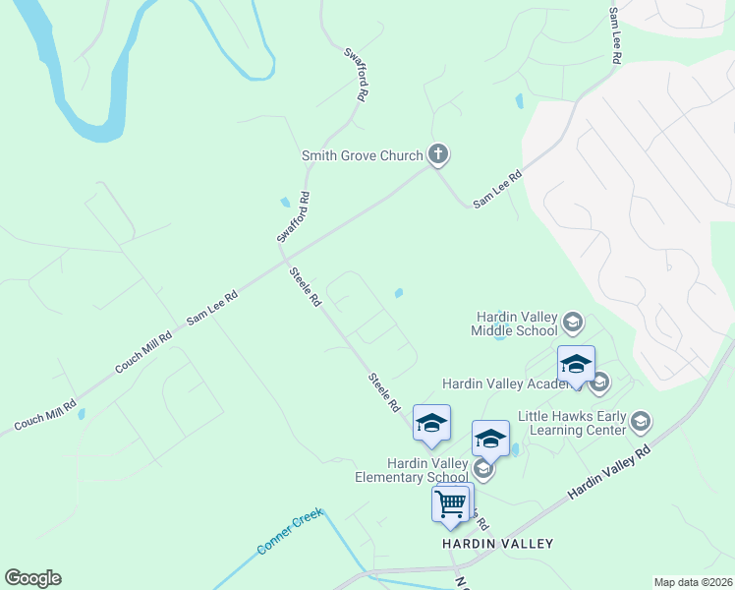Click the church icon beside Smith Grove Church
point(438,154)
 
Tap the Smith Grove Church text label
point(362,155)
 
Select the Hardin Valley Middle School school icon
point(572,322)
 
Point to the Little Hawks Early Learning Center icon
point(641,422)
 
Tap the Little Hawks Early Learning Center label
point(577,422)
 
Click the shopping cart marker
point(451,503)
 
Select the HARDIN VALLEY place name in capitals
point(496,544)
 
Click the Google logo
point(32,578)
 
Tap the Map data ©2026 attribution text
point(693,582)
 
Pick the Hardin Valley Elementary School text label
point(413,470)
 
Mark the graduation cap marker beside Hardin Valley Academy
point(576,364)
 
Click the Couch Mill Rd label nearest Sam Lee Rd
point(143,351)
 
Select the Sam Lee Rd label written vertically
point(615,36)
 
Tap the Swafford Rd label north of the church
point(357,75)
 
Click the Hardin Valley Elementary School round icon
point(481,469)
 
